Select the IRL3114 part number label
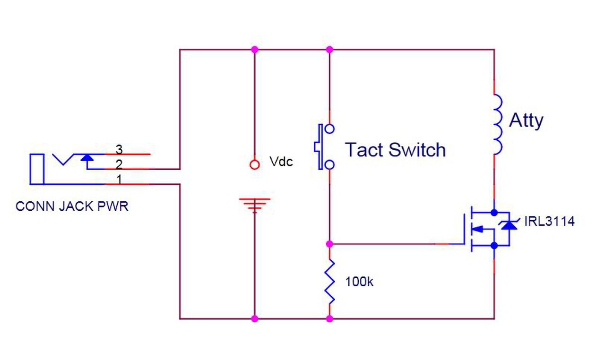click(x=549, y=221)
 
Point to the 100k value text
click(x=359, y=282)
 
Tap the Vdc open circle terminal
click(x=255, y=164)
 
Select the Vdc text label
click(x=281, y=162)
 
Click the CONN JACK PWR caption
click(x=72, y=207)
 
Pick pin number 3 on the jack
click(x=119, y=149)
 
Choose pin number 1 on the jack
click(x=119, y=179)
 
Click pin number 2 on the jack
click(x=119, y=164)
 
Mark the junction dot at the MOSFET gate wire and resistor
click(x=329, y=244)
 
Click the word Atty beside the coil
click(x=526, y=121)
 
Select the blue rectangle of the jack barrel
click(x=36, y=169)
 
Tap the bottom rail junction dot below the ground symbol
click(x=255, y=319)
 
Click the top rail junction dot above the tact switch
click(x=329, y=49)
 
